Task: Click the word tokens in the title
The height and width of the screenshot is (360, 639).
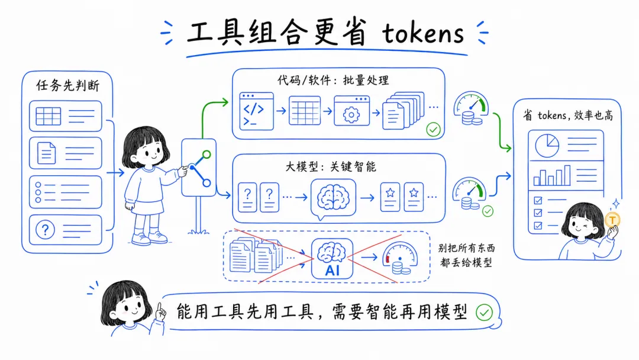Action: click(422, 34)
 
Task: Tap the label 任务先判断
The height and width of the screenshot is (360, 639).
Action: click(68, 85)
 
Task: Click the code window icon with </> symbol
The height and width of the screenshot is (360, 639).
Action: click(256, 110)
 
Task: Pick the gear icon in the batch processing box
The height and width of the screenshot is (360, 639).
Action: click(351, 112)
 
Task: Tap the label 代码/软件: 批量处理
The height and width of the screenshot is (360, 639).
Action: click(333, 80)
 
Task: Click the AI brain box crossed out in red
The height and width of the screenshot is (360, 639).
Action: click(333, 259)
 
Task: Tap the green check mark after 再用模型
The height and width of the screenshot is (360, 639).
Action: click(484, 312)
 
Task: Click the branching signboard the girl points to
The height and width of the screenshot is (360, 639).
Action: click(199, 168)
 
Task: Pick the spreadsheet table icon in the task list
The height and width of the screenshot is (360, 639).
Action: click(49, 116)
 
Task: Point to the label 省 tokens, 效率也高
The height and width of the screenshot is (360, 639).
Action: click(567, 115)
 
